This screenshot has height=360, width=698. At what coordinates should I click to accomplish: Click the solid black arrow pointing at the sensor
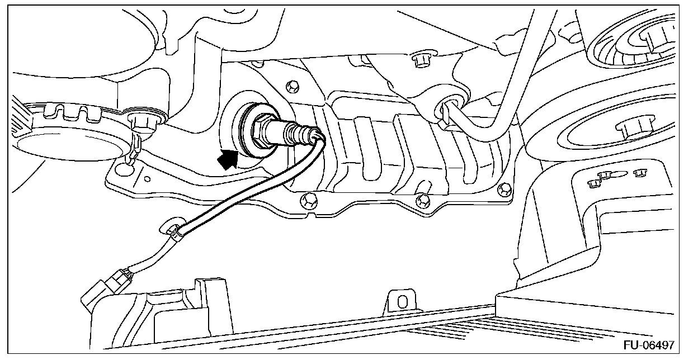pyautogui.click(x=228, y=158)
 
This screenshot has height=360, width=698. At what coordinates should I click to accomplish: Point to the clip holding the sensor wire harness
pyautogui.click(x=175, y=232)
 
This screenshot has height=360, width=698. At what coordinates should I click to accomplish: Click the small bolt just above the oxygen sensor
pyautogui.click(x=291, y=87)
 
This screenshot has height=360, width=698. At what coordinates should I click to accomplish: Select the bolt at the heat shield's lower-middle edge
pyautogui.click(x=423, y=198)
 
